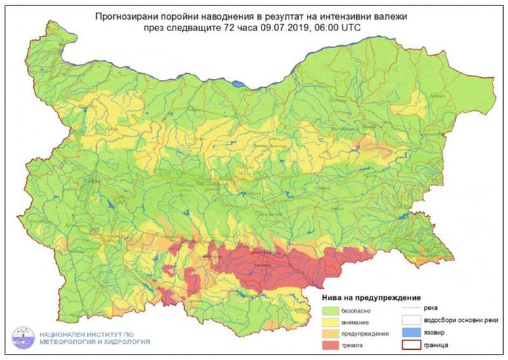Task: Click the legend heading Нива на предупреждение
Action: coord(370,297)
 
